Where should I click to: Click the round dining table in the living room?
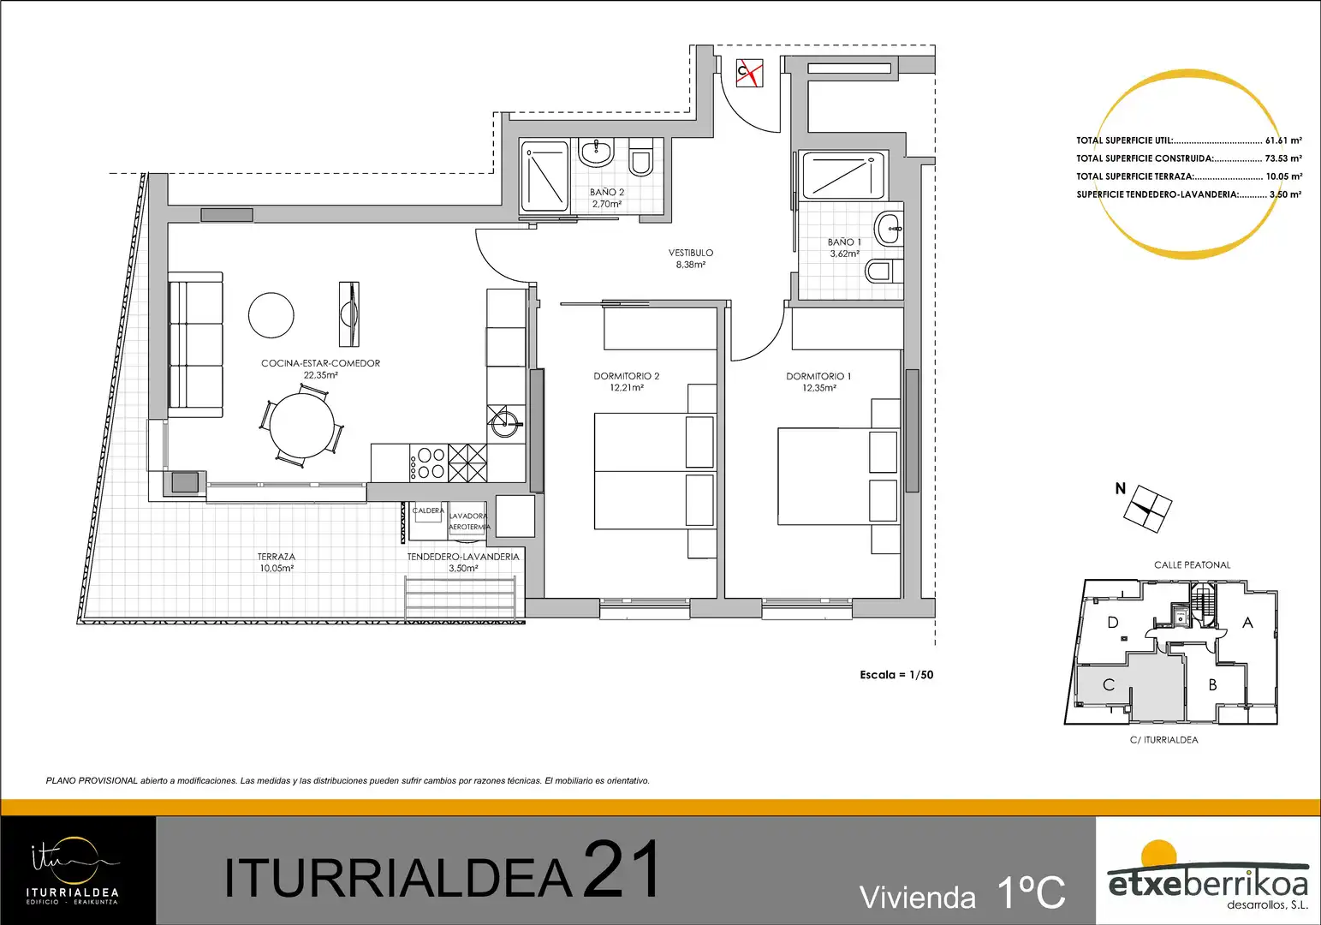[301, 425]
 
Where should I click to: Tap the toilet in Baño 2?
[640, 158]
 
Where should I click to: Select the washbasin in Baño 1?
[888, 229]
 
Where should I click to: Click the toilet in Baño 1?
[883, 272]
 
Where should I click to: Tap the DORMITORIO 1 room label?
[818, 382]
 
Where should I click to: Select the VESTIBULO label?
[691, 259]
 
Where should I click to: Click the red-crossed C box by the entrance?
[750, 73]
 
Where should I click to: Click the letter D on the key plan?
[1113, 623]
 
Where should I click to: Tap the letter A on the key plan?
[1247, 623]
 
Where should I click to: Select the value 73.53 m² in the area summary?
[1283, 158]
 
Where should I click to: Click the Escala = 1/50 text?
[896, 675]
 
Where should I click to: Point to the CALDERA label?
[428, 510]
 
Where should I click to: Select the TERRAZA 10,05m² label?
[277, 562]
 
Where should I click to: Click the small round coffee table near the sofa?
[271, 315]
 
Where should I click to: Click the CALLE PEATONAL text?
[1193, 565]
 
